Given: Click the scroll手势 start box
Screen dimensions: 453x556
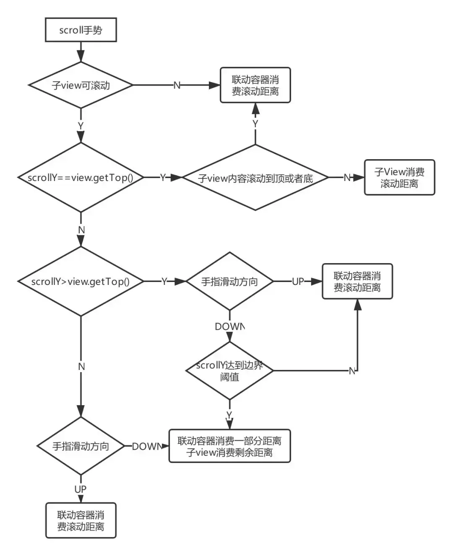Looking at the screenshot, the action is pyautogui.click(x=81, y=30).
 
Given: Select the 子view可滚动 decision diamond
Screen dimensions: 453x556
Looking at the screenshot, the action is pyautogui.click(x=81, y=85).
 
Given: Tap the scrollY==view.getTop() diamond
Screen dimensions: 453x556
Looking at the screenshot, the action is pyautogui.click(x=81, y=177).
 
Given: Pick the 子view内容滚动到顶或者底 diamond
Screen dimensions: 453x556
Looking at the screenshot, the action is pyautogui.click(x=255, y=178).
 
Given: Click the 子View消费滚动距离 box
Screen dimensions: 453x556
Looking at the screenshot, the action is pyautogui.click(x=399, y=178).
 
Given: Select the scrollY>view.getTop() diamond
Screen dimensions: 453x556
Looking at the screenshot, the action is pyautogui.click(x=81, y=282).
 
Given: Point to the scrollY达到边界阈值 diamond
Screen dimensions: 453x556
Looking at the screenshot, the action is pyautogui.click(x=229, y=371).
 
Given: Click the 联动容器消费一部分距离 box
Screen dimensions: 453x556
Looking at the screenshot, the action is pyautogui.click(x=229, y=446).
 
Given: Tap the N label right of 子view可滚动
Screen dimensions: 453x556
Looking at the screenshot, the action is pyautogui.click(x=177, y=85).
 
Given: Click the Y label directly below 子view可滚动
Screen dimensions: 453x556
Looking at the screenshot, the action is pyautogui.click(x=81, y=126).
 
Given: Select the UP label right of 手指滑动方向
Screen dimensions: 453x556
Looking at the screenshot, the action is pyautogui.click(x=298, y=282).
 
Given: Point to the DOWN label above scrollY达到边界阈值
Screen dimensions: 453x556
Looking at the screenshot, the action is pyautogui.click(x=229, y=326).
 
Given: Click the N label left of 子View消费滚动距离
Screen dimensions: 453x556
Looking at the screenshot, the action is pyautogui.click(x=347, y=178).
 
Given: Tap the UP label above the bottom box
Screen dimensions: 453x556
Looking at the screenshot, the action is pyautogui.click(x=81, y=489).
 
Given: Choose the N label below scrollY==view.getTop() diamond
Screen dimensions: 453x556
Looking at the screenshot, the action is pyautogui.click(x=81, y=230).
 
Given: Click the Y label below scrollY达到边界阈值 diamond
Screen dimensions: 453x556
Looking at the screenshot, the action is pyautogui.click(x=229, y=415).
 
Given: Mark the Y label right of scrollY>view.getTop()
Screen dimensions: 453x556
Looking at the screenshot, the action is pyautogui.click(x=164, y=282).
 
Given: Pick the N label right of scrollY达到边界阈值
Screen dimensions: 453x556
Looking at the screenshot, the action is pyautogui.click(x=352, y=371).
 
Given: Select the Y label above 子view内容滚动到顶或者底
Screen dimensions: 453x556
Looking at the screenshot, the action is pyautogui.click(x=255, y=124).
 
